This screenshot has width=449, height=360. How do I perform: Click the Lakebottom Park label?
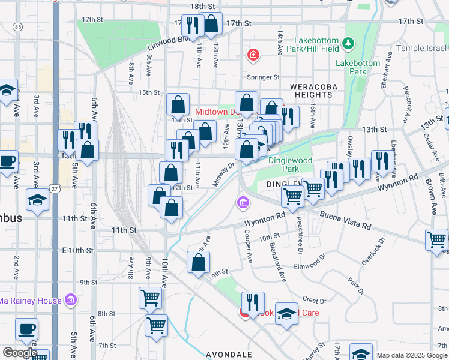tap(358, 67)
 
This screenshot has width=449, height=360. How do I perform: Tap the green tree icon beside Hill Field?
tap(348, 43)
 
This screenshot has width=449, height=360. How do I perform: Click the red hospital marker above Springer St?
tap(253, 56)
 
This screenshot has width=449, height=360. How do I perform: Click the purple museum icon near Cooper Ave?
tap(243, 204)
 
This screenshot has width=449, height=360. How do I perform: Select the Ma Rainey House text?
tap(30, 301)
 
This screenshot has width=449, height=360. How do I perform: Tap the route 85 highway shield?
tap(17, 27)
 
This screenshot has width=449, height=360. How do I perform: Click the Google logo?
tap(20, 353)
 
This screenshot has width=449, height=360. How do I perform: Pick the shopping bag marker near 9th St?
tap(198, 262)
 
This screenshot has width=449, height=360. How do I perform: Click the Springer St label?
tap(264, 77)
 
